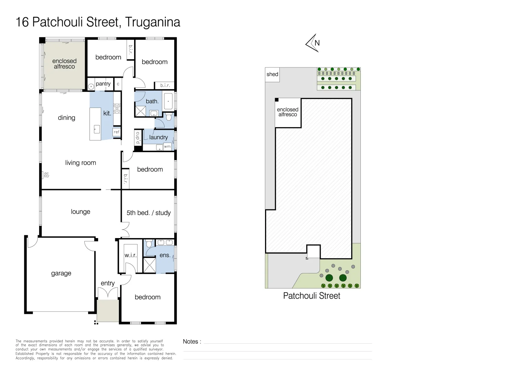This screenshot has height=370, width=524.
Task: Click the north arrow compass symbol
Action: [313, 43]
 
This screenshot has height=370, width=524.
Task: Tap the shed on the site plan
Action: [272, 74]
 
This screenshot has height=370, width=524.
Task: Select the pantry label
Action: [103, 84]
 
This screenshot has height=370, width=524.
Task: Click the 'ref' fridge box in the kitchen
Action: [117, 132]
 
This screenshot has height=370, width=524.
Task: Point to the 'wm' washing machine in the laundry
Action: [167, 147]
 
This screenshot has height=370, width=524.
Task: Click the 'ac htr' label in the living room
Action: [46, 175]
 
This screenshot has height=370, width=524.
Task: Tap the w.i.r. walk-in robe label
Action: [130, 255]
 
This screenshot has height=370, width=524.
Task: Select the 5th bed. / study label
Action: [148, 213]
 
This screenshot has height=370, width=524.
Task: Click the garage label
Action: [61, 273]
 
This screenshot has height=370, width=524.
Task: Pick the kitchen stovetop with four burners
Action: [117, 109]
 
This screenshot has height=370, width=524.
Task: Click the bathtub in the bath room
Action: [168, 101]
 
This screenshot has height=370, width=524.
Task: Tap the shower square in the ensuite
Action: [150, 265]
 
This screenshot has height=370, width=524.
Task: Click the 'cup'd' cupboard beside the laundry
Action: [138, 138]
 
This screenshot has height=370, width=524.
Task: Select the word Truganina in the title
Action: [152, 22]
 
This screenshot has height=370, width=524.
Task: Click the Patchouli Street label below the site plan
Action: [311, 296]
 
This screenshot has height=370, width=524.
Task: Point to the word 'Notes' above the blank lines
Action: [190, 342]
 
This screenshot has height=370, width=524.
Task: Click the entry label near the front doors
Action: [108, 283]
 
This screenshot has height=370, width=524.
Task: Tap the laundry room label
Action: [158, 137]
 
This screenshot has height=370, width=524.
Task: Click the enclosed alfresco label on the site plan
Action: [288, 112]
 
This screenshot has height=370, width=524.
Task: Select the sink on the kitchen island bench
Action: [97, 129]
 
